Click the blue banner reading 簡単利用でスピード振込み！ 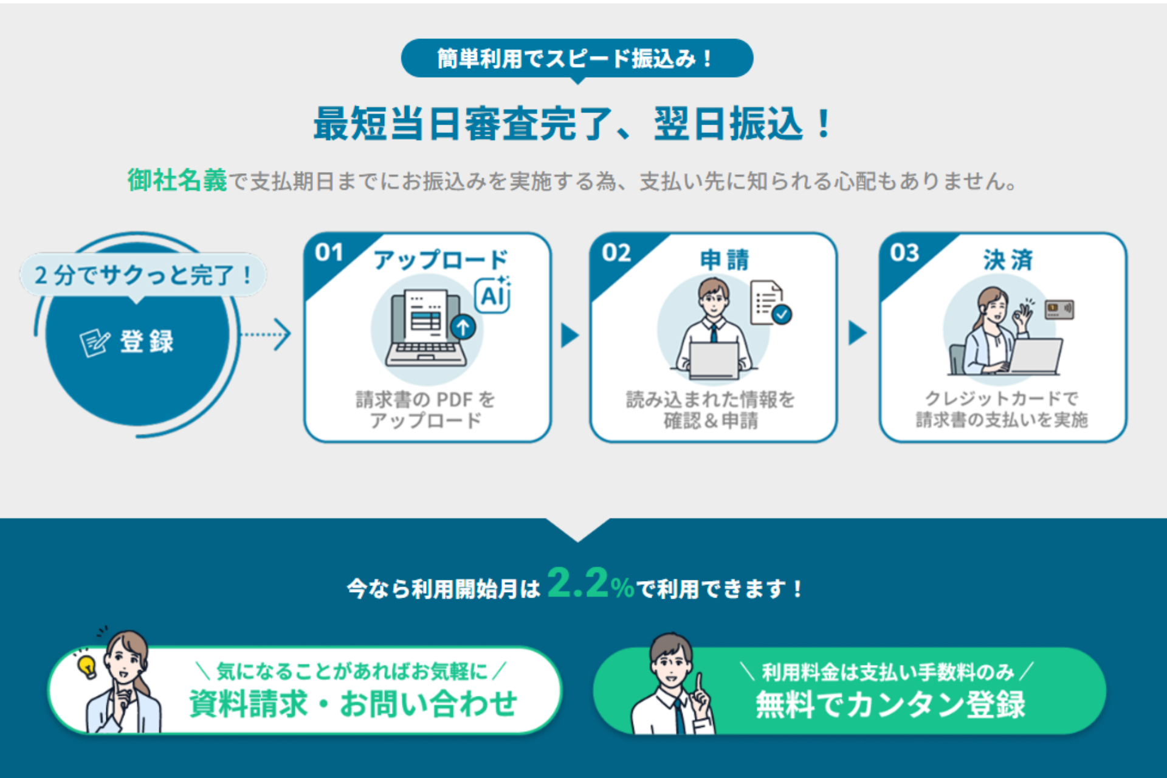(577, 58)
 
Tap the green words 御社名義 (177, 181)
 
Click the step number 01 (329, 252)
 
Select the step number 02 (616, 252)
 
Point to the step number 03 (904, 252)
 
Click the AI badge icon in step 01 (493, 295)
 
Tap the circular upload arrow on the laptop (463, 327)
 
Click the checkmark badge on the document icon (782, 314)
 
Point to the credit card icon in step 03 (1059, 309)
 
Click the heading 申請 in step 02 (725, 260)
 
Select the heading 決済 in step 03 (1008, 260)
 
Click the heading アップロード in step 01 (441, 260)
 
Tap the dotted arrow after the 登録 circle (266, 334)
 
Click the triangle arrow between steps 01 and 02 (570, 335)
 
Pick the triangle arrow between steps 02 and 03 (857, 333)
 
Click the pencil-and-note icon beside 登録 (95, 342)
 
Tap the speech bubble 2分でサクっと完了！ (143, 276)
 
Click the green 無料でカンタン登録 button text (890, 705)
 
